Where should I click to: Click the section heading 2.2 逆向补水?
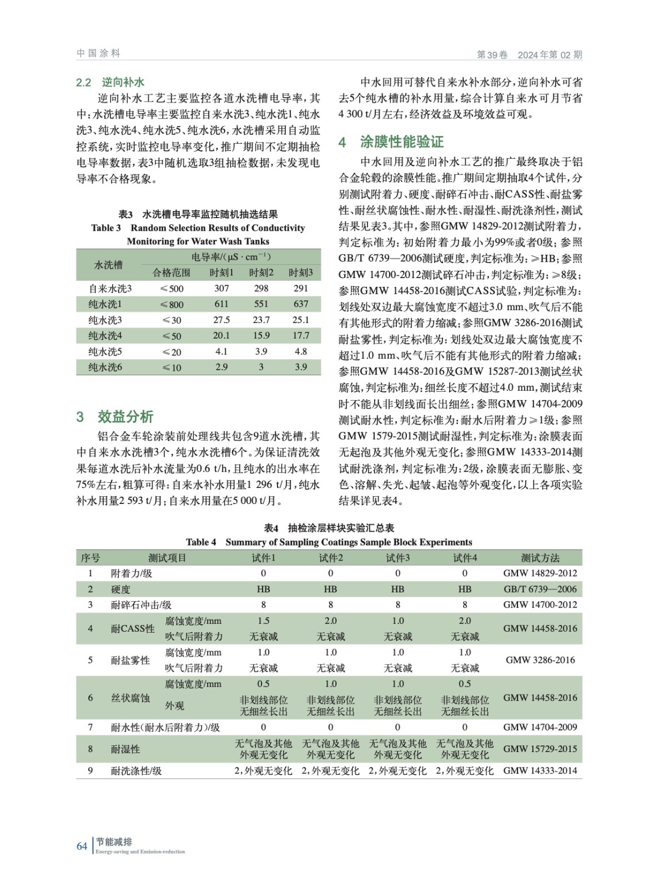(x=110, y=82)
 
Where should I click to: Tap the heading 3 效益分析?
(x=115, y=417)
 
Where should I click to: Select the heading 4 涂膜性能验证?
(x=391, y=142)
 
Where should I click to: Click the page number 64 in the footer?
(x=82, y=846)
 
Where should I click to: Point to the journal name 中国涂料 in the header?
(x=98, y=53)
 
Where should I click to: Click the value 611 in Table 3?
(x=222, y=304)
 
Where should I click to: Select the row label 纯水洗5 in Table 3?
(x=105, y=352)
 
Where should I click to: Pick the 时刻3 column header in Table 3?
(x=300, y=273)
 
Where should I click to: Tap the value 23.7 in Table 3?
(x=261, y=320)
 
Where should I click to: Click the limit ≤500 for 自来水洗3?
(x=172, y=289)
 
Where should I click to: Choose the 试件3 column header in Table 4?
(x=398, y=558)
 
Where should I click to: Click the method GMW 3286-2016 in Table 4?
(x=540, y=660)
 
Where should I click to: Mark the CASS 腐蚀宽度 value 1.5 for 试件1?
(x=263, y=620)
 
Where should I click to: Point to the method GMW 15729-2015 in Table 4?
(x=540, y=749)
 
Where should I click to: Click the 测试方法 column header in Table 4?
(x=540, y=558)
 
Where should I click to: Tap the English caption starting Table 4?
(x=329, y=542)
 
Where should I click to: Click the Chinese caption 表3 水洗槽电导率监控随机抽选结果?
(x=198, y=214)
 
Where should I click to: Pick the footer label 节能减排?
(x=114, y=842)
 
